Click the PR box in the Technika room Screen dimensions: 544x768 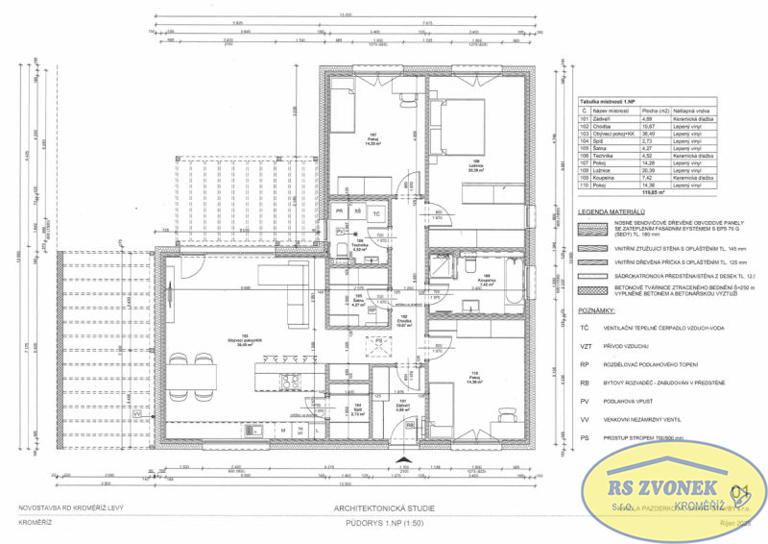[339, 210]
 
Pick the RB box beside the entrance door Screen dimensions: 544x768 [410, 424]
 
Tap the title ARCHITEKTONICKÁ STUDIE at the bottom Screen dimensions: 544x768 [383, 507]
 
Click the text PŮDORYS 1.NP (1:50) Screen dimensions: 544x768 [383, 525]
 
